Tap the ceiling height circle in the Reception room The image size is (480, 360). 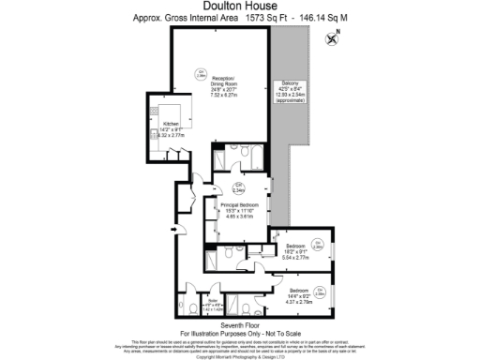coord(200,72)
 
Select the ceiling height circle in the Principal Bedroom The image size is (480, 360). coord(238,187)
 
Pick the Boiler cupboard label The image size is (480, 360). coord(212,300)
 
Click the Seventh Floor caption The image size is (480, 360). coord(239,324)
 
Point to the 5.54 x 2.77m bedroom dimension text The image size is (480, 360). coord(294,256)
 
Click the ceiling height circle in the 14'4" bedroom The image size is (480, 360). coord(319,289)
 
